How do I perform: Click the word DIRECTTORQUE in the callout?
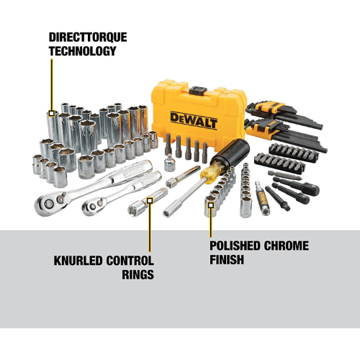click(x=88, y=37)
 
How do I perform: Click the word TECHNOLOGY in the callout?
click(x=83, y=51)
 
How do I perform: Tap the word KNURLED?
click(x=78, y=261)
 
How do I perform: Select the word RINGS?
click(x=138, y=274)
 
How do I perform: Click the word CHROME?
click(x=287, y=246)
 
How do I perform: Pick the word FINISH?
click(x=227, y=259)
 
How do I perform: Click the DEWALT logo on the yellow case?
click(x=194, y=120)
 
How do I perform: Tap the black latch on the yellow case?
click(x=198, y=91)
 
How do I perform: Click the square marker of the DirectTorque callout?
click(x=52, y=113)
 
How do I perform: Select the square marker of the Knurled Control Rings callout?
click(x=150, y=200)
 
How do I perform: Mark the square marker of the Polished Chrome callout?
click(x=211, y=205)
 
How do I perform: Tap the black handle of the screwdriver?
click(x=231, y=152)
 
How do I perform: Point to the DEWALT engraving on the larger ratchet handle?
click(x=133, y=171)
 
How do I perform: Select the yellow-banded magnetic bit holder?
click(x=262, y=198)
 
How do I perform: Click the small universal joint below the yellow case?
click(x=170, y=163)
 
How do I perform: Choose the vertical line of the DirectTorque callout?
click(x=52, y=85)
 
